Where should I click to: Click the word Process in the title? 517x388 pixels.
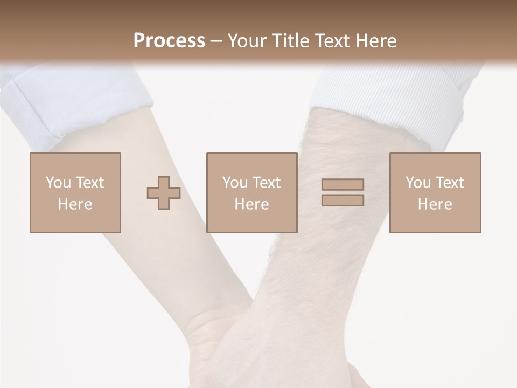169,41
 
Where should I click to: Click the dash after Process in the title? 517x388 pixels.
216,41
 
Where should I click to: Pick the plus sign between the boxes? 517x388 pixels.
164,193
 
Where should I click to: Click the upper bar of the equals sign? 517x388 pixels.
343,184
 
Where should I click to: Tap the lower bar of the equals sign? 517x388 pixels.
343,200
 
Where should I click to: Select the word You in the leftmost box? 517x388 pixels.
58,183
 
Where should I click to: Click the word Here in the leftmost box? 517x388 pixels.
75,204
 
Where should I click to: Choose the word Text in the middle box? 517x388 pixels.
266,183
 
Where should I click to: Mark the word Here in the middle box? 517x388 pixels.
252,204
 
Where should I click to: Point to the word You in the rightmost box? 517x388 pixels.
418,183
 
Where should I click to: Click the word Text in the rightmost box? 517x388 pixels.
449,183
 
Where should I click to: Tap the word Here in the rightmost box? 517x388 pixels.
435,204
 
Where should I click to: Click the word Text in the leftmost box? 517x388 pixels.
89,183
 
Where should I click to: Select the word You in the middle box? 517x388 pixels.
235,183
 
